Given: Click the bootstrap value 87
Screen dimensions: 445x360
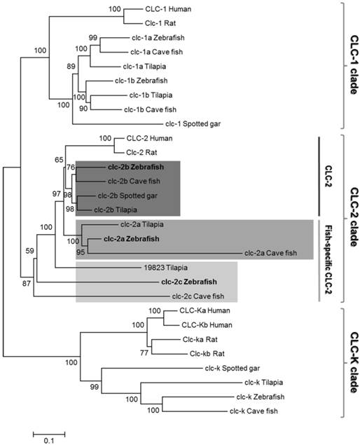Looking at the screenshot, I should [x=26, y=282].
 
